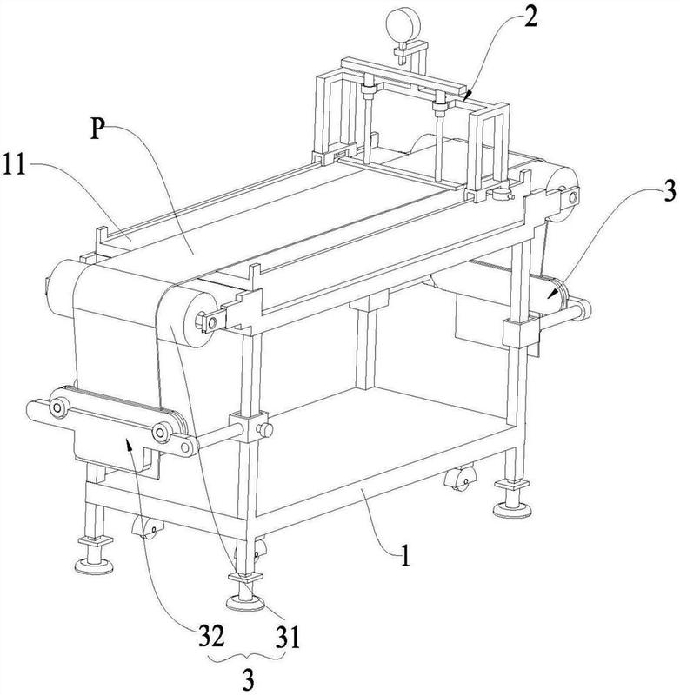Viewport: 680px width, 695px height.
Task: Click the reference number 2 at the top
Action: pyautogui.click(x=530, y=17)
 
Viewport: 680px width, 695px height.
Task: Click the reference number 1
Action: pyautogui.click(x=405, y=555)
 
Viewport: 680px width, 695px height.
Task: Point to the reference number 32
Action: pyautogui.click(x=210, y=638)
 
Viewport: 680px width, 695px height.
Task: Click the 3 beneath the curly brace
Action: pyautogui.click(x=249, y=679)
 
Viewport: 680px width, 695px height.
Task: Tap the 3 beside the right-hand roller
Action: pyautogui.click(x=670, y=191)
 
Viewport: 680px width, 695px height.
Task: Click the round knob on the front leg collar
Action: pyautogui.click(x=266, y=429)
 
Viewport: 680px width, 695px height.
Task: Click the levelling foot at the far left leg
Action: pyautogui.click(x=95, y=554)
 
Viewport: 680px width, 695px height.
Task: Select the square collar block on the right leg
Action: pyautogui.click(x=521, y=334)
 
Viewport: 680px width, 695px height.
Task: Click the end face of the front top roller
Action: pyautogui.click(x=200, y=320)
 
